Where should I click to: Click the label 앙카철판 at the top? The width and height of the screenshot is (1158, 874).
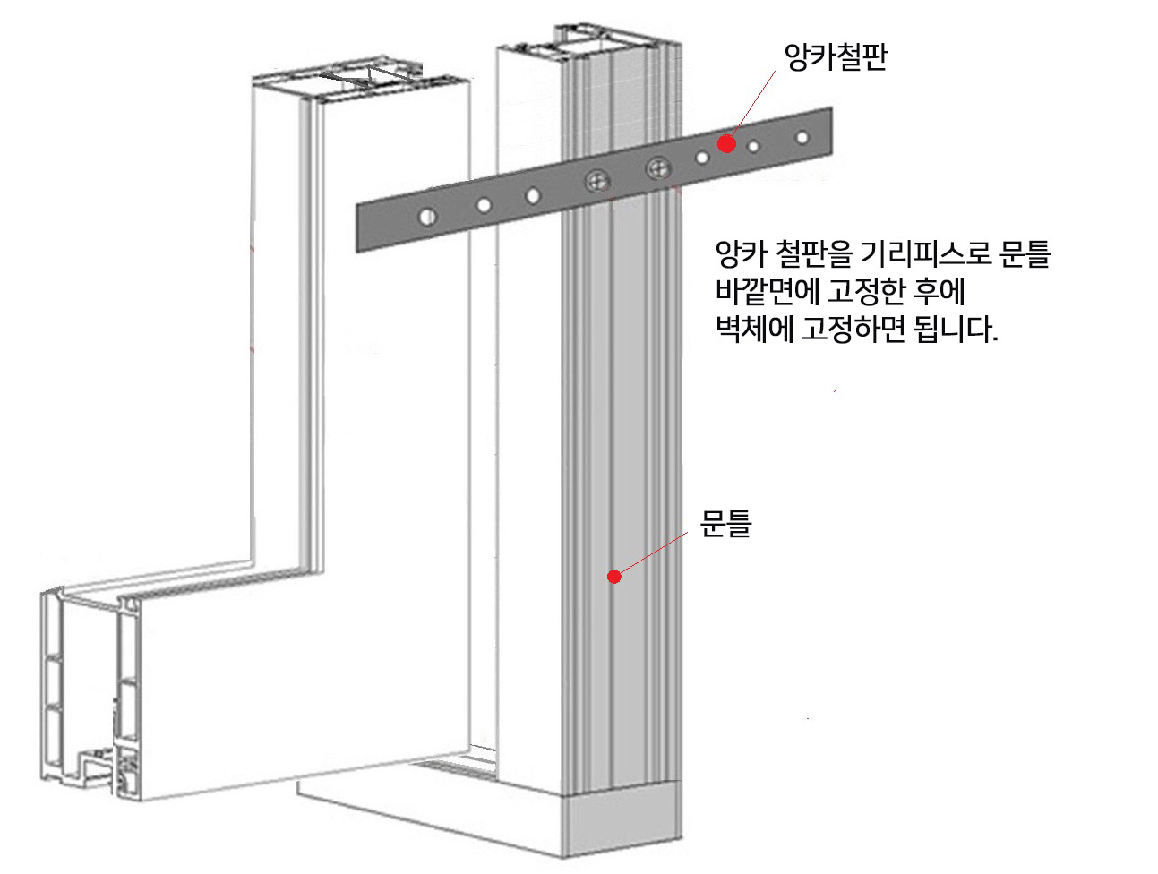pos(835,60)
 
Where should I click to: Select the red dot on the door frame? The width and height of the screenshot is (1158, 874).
pos(614,577)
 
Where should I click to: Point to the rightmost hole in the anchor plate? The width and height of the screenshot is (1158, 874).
pos(802,138)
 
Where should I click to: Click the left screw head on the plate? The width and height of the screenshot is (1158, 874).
pos(596,182)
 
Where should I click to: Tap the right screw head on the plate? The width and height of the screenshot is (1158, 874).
pos(657,167)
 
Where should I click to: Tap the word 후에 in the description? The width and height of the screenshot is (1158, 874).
pos(937,293)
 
